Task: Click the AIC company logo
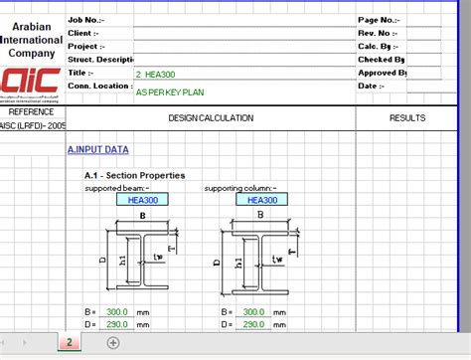pos(31,83)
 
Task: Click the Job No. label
pos(83,19)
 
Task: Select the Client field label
pos(81,32)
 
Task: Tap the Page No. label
pos(379,19)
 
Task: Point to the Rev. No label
pos(379,32)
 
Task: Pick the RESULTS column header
pos(407,118)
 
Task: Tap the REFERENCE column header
pos(31,112)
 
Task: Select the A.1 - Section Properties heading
pos(134,175)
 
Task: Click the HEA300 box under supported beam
pos(143,199)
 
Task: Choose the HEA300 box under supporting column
pos(262,199)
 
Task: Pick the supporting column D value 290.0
pos(253,324)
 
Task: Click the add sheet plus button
pos(113,343)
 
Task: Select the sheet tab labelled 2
pos(70,343)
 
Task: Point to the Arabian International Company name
pos(32,35)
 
